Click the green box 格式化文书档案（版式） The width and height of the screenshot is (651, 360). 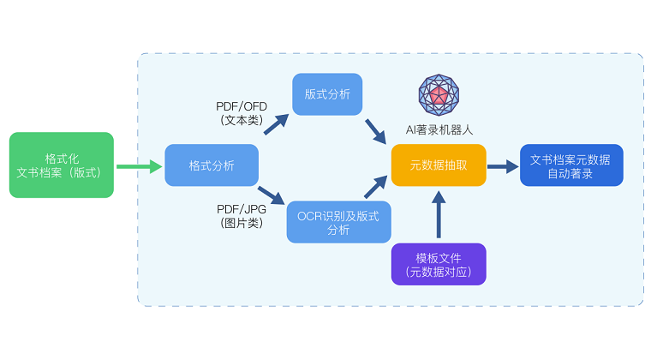[x=61, y=165]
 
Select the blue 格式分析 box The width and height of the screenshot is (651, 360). [x=212, y=165]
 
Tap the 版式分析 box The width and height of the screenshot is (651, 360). [x=327, y=94]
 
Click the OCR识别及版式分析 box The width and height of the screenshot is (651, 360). [x=338, y=222]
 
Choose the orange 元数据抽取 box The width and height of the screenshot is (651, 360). [x=439, y=165]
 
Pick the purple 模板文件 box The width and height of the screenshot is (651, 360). [x=439, y=264]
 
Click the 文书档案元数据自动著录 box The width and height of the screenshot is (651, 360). [x=570, y=165]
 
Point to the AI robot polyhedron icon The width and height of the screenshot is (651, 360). [x=439, y=96]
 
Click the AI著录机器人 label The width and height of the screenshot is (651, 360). [x=439, y=130]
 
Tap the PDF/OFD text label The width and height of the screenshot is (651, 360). [x=242, y=106]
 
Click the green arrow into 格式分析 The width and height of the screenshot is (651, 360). [x=140, y=165]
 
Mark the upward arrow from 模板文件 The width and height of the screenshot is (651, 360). [x=439, y=215]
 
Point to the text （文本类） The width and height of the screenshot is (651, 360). [x=242, y=121]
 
